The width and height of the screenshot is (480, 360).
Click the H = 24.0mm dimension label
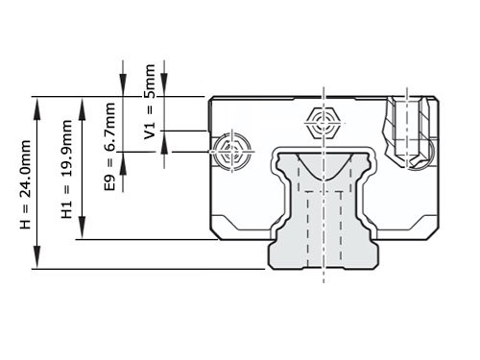[x=26, y=183]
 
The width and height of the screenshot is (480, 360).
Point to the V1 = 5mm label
[x=150, y=100]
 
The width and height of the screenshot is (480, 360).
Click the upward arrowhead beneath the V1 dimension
[x=163, y=144]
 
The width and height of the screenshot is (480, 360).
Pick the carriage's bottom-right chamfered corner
[x=435, y=233]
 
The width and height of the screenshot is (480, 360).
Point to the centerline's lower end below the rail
[x=324, y=284]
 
